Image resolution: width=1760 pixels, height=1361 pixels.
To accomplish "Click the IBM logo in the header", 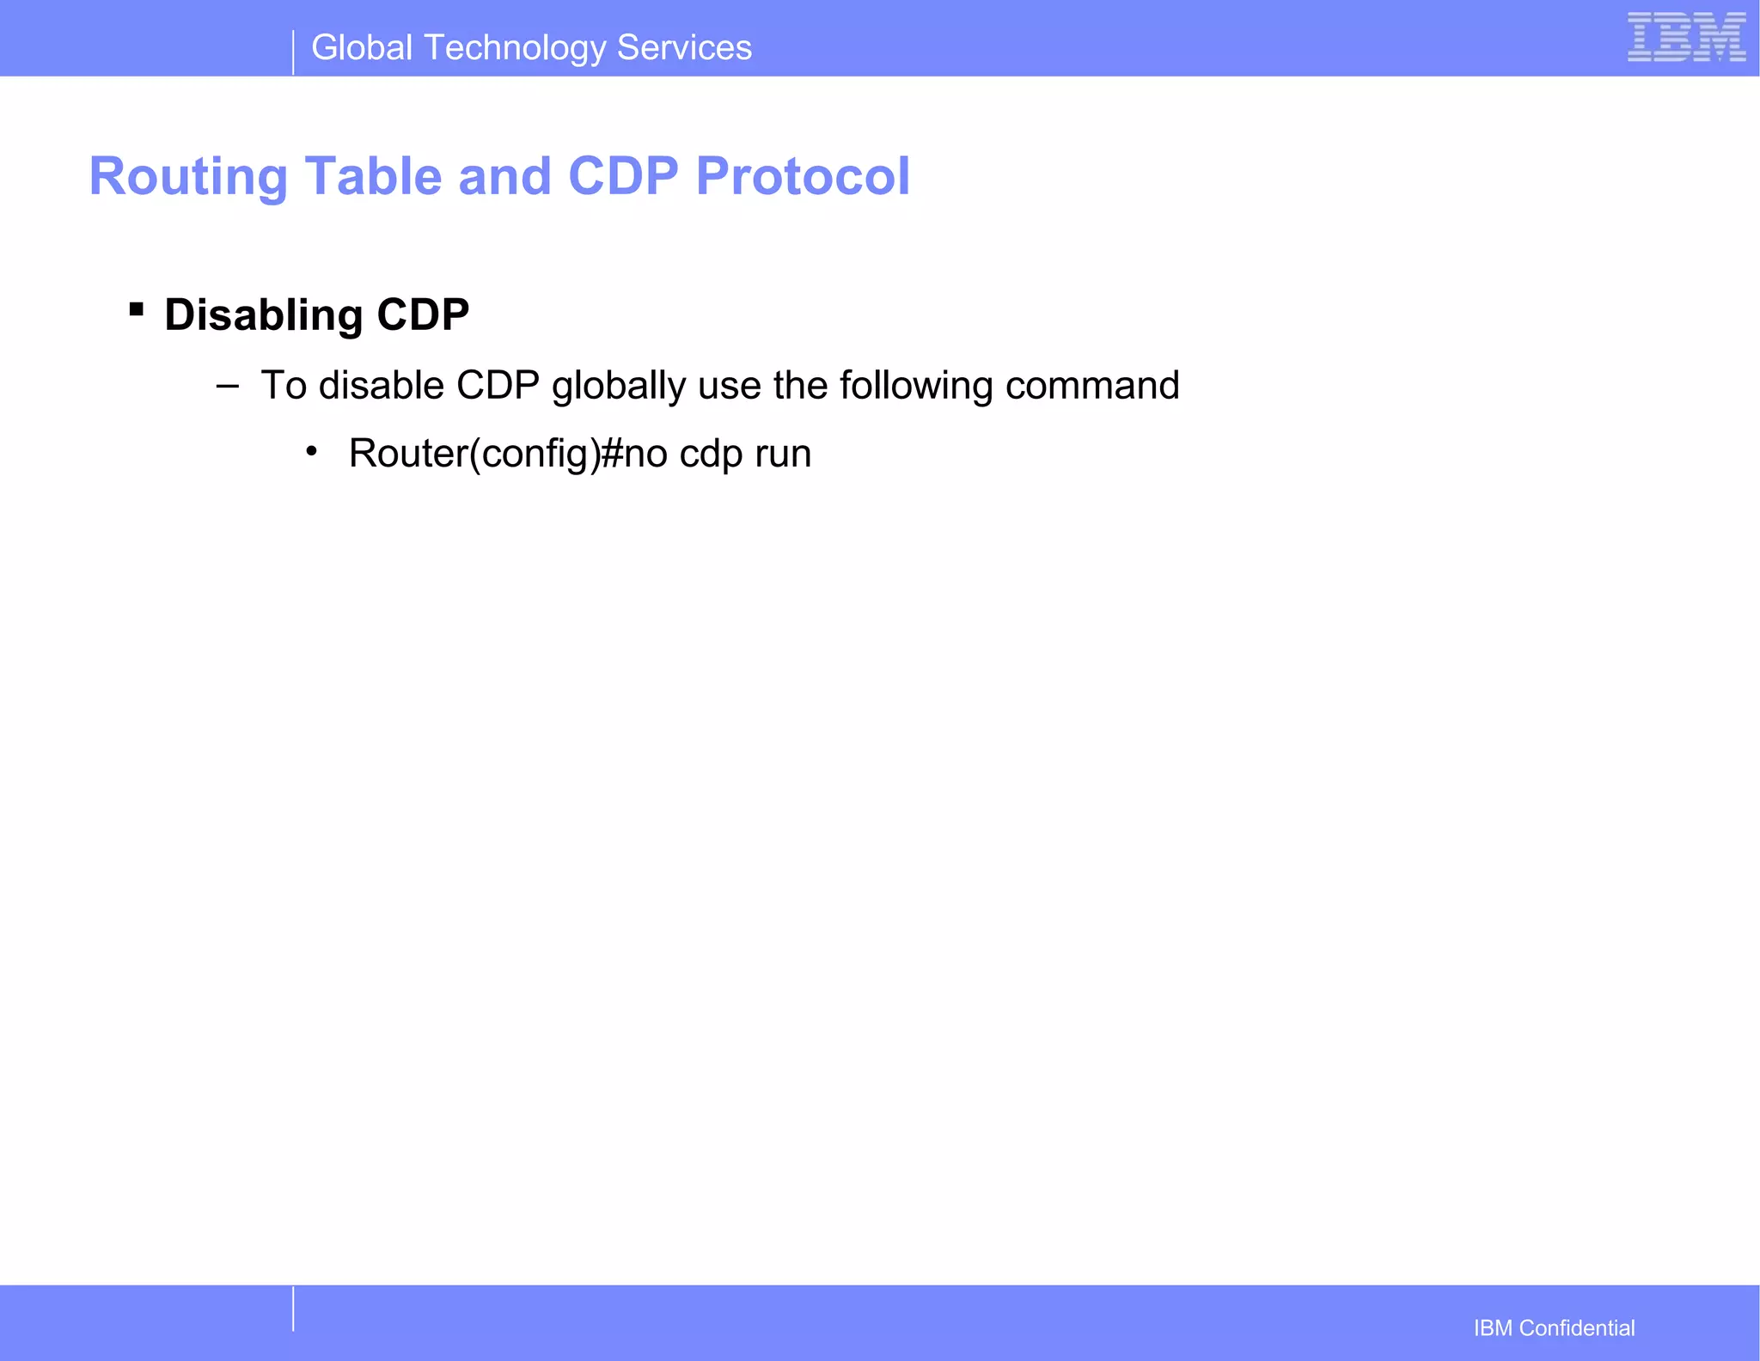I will [1686, 38].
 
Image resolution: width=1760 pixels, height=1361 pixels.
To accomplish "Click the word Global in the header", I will [362, 48].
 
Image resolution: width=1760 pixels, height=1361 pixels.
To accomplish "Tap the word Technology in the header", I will [515, 48].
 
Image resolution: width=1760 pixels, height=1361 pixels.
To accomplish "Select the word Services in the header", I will [684, 48].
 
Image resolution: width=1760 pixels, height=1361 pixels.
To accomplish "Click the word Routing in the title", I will [188, 177].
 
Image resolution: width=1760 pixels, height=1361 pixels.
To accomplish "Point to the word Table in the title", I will [373, 177].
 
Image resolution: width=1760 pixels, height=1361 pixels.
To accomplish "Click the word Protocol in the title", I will [803, 177].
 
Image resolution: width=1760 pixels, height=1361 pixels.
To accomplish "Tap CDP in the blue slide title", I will [623, 177].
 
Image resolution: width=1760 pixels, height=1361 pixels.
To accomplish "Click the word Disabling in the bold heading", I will [263, 315].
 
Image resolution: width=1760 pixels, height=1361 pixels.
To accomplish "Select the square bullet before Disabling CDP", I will [136, 308].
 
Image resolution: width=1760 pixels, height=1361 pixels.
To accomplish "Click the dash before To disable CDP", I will [227, 386].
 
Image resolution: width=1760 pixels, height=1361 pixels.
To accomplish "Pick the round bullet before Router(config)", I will [311, 451].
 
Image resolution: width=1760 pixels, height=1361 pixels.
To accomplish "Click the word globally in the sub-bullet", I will [618, 386].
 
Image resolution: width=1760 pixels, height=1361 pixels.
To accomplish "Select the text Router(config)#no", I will [508, 454].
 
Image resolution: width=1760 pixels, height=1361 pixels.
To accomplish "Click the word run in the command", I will [783, 454].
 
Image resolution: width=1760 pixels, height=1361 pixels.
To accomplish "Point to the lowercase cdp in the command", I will [711, 454].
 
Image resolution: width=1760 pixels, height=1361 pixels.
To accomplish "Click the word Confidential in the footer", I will [1577, 1328].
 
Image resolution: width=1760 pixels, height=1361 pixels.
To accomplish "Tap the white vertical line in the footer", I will [293, 1309].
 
